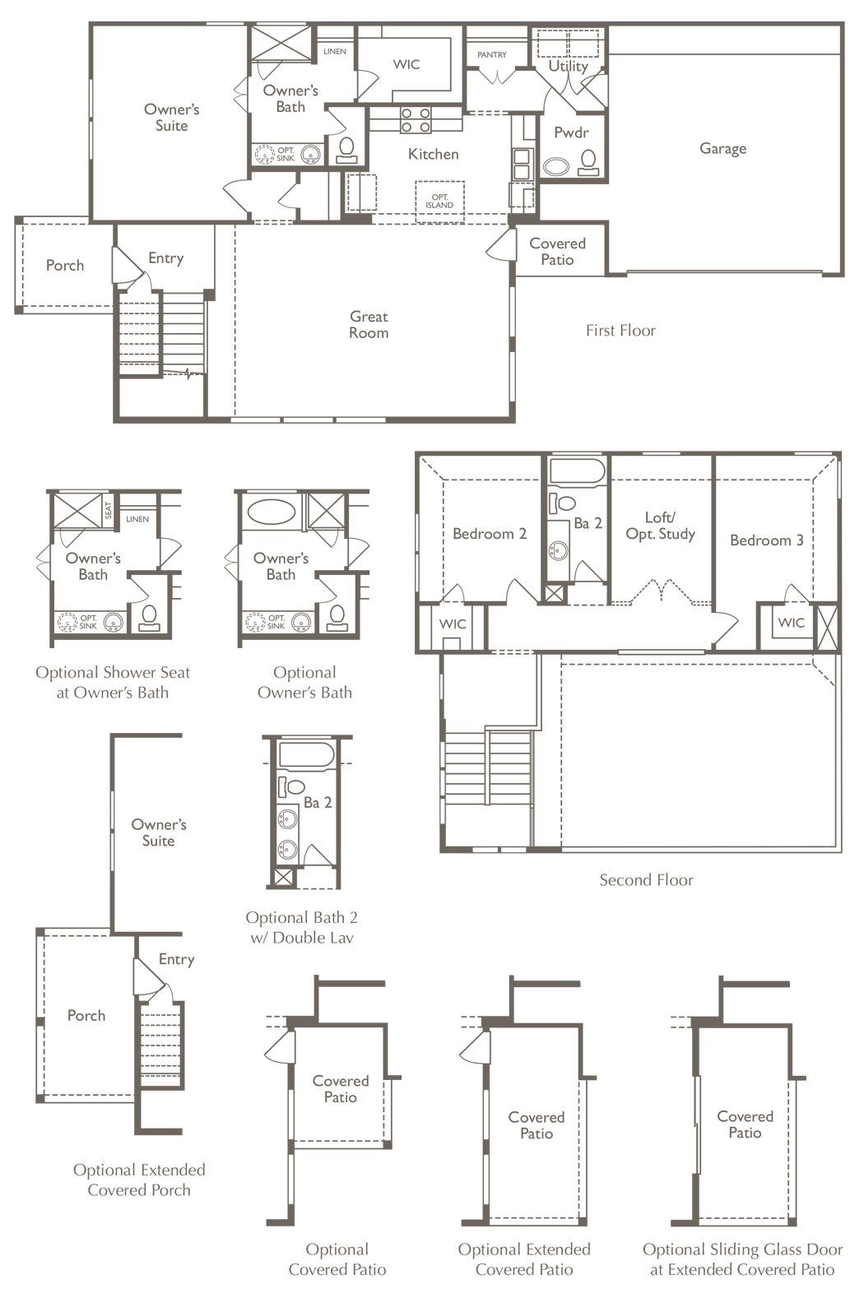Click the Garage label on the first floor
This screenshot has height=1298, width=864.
[x=722, y=148]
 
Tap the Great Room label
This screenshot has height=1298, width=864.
[x=369, y=324]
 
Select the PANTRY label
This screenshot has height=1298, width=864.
[x=492, y=54]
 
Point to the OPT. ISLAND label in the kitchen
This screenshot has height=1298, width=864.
[x=439, y=201]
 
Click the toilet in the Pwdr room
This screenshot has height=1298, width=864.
[x=588, y=163]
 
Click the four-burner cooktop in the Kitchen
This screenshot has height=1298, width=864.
[x=416, y=120]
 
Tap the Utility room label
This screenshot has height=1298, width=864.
[x=569, y=66]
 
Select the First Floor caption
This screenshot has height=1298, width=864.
[x=620, y=331]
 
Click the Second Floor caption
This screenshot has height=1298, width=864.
[x=646, y=880]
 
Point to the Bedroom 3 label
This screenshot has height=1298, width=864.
[x=767, y=540]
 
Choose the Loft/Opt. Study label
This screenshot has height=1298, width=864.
[x=661, y=526]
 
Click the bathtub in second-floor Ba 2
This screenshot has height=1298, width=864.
[x=577, y=472]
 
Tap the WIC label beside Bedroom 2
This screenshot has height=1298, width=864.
[x=453, y=624]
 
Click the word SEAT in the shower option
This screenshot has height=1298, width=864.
[x=109, y=510]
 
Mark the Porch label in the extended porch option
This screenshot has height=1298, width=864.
[x=86, y=1015]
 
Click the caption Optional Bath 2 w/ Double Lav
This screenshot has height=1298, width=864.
[x=301, y=927]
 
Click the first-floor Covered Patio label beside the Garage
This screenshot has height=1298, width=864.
[x=557, y=252]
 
